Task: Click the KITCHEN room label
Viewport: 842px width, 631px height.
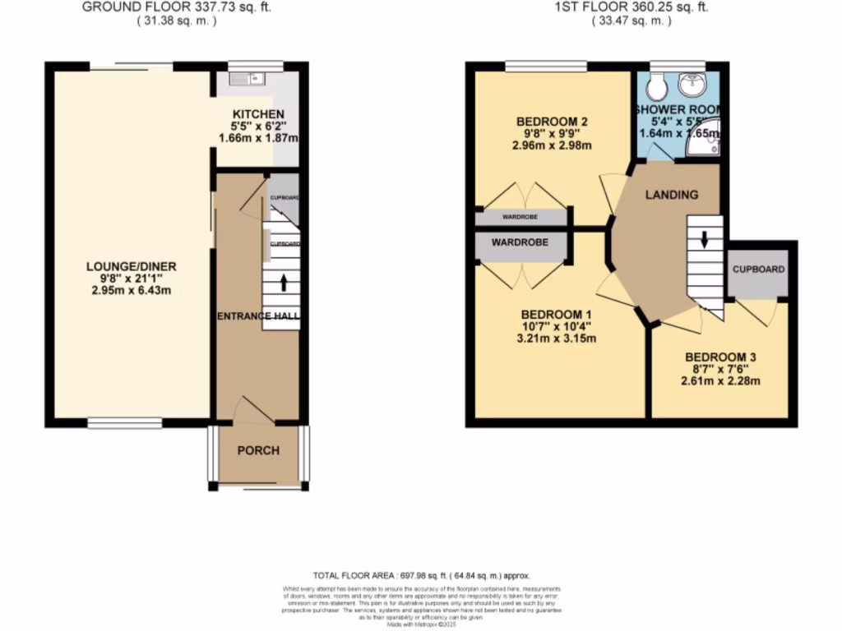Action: tap(258, 114)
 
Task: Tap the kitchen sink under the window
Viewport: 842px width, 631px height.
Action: tap(245, 79)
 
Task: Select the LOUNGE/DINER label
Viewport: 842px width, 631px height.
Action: tap(132, 266)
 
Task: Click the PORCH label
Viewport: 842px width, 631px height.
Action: tap(258, 450)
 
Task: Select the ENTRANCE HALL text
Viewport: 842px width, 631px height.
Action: tap(258, 316)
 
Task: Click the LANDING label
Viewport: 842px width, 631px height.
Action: tap(671, 195)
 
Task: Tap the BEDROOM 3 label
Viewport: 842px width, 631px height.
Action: tap(720, 357)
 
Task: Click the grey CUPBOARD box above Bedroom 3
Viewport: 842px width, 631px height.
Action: tap(758, 269)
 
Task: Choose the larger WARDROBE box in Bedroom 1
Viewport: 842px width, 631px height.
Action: tap(520, 243)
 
